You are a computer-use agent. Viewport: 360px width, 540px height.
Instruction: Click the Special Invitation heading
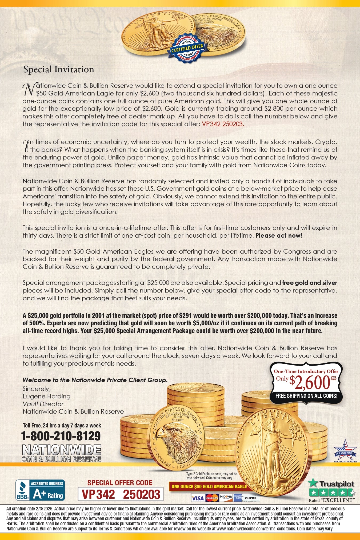[59, 69]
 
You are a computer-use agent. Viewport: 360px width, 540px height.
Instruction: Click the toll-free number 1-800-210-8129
[61, 436]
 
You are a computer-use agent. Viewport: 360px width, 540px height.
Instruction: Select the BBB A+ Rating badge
[40, 490]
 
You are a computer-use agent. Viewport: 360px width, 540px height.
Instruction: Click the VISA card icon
[198, 498]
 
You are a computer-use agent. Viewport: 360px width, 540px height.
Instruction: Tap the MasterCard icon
[212, 498]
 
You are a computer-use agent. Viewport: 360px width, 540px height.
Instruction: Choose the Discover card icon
[226, 498]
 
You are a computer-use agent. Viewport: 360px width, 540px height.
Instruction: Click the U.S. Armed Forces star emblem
[345, 451]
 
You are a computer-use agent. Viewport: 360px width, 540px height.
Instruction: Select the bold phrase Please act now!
[279, 235]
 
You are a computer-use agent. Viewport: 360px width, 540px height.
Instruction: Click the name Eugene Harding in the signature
[46, 396]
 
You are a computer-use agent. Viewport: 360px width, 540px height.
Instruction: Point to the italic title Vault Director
[43, 404]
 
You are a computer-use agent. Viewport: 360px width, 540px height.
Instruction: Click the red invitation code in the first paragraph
[223, 124]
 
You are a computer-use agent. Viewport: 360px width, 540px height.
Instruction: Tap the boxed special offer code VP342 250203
[121, 494]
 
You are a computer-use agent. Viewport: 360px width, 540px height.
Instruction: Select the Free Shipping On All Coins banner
[306, 396]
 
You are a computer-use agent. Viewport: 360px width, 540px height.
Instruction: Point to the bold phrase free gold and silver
[310, 283]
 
